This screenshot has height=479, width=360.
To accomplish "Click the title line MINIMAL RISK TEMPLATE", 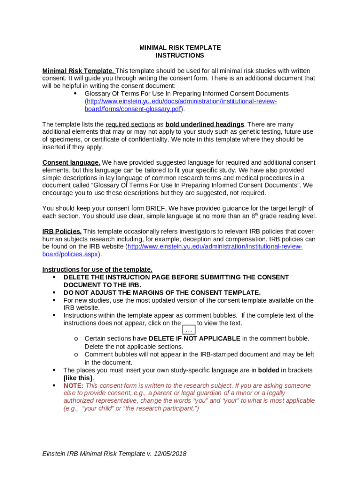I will point(180,48).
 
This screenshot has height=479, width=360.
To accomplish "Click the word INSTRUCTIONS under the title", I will point(180,55).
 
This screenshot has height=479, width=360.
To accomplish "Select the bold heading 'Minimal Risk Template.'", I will point(78,71).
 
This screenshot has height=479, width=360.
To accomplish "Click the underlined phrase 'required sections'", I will point(130,124).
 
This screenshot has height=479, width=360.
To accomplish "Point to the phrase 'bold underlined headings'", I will point(205,124).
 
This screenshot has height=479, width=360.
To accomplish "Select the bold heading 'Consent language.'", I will point(71,163).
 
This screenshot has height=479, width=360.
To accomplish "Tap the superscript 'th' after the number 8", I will point(255,214).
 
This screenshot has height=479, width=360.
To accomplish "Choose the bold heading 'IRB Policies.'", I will point(62,232).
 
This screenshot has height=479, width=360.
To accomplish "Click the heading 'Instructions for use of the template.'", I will point(97,269).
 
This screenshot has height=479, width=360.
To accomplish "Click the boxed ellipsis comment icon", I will point(189,330).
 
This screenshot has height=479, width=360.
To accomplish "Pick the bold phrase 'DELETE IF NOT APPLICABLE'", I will point(194,338).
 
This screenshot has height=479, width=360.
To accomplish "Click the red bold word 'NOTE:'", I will point(73,385).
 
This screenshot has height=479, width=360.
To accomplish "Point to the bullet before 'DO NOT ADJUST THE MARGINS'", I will point(54,292).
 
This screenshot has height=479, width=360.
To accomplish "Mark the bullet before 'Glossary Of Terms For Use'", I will point(75,94).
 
